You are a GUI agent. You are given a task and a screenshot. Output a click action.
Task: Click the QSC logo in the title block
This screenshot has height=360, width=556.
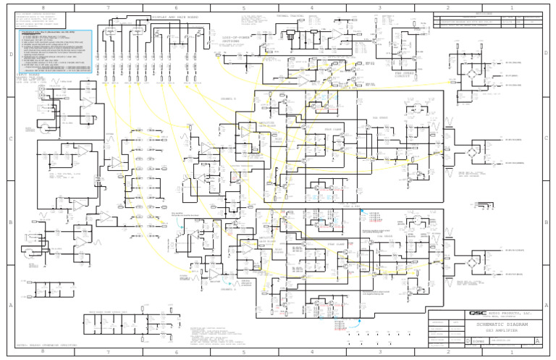pos(478,313)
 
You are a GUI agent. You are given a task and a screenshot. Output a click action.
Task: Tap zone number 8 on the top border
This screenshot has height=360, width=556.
pos(41,7)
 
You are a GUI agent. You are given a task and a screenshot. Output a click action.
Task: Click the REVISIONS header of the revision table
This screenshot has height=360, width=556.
pos(487,14)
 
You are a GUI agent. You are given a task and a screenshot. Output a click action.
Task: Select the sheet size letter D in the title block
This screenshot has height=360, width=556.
pos(467,340)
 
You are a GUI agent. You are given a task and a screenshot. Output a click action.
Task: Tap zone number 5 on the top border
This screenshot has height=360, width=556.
pos(244,7)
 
